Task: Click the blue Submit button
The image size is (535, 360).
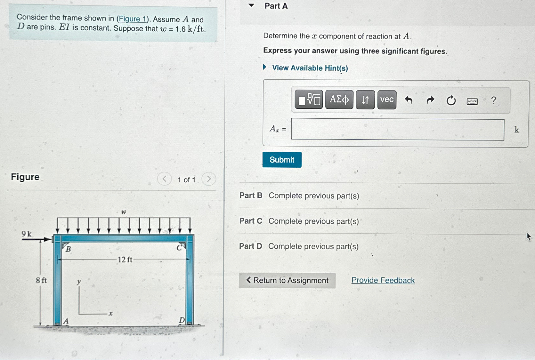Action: pyautogui.click(x=282, y=160)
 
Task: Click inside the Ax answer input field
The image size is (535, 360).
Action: pyautogui.click(x=397, y=130)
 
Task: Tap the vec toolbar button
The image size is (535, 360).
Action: pyautogui.click(x=387, y=100)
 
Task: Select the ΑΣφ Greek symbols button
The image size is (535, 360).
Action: pyautogui.click(x=339, y=100)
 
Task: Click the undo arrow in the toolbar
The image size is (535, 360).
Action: pyautogui.click(x=409, y=100)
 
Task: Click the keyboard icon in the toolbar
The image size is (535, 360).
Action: pyautogui.click(x=472, y=102)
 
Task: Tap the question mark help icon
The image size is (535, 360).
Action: pyautogui.click(x=493, y=100)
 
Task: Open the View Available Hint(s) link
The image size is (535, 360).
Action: pyautogui.click(x=310, y=68)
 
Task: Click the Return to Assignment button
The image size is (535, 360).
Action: pyautogui.click(x=287, y=280)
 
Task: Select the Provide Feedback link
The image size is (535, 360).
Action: pyautogui.click(x=383, y=280)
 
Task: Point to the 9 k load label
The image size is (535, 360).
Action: pyautogui.click(x=27, y=234)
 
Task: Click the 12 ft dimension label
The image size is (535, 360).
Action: pyautogui.click(x=125, y=260)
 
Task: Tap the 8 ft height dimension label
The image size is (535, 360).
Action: pyautogui.click(x=41, y=280)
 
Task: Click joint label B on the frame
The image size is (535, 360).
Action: pyautogui.click(x=68, y=249)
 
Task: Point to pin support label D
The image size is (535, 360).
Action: pyautogui.click(x=182, y=320)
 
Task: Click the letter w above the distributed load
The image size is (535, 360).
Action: pyautogui.click(x=124, y=212)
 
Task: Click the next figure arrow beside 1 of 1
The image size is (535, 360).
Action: pyautogui.click(x=209, y=179)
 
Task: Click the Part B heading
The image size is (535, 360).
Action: pyautogui.click(x=251, y=196)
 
